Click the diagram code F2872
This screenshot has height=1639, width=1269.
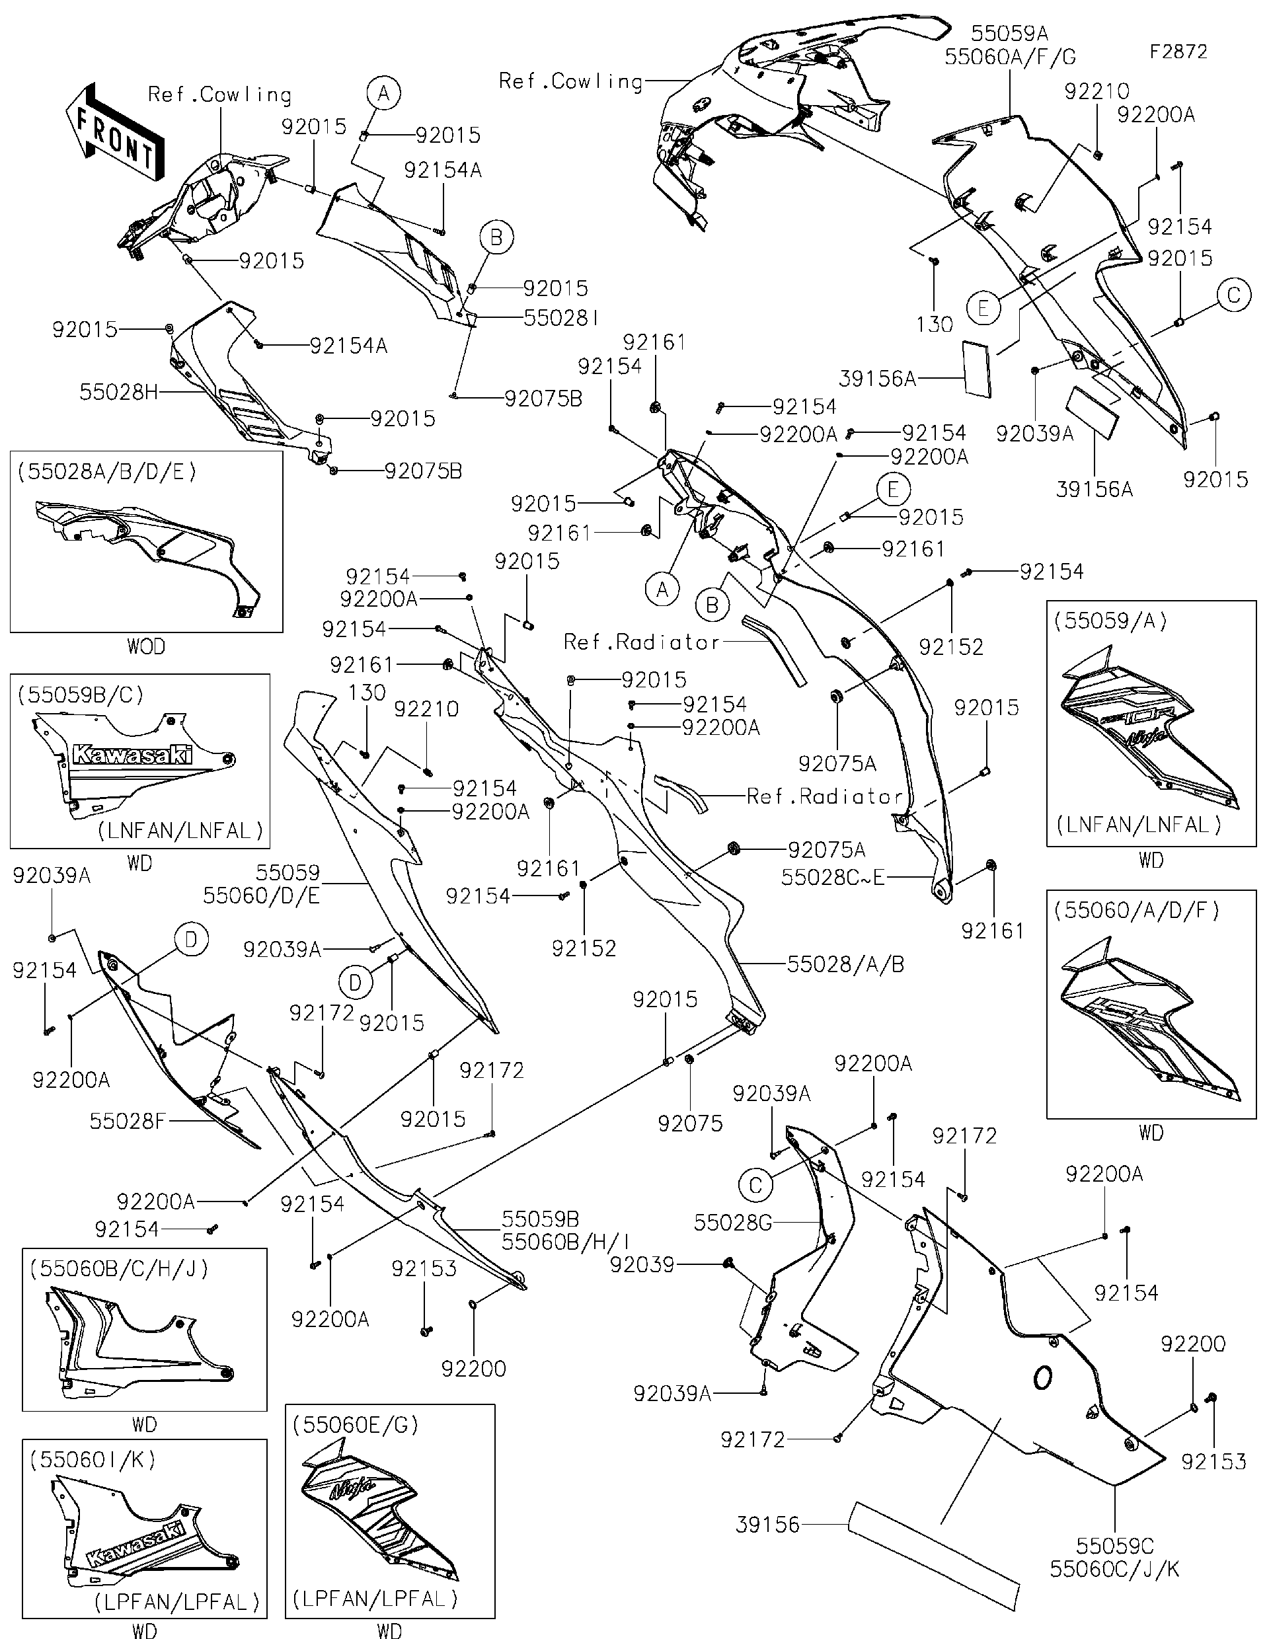tap(1178, 52)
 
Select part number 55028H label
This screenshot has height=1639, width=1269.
tap(118, 392)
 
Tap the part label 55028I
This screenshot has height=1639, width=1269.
tap(561, 318)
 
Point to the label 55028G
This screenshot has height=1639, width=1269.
tap(732, 1223)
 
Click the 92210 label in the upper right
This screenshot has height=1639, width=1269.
tap(1096, 92)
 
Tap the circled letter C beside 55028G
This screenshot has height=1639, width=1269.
tap(755, 1185)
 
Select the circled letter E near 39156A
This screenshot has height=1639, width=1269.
tap(983, 309)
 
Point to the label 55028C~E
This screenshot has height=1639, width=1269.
tap(833, 877)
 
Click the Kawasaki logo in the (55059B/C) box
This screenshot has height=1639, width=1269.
tap(132, 755)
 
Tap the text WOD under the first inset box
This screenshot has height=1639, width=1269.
tap(145, 646)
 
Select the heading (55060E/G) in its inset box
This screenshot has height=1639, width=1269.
tap(356, 1424)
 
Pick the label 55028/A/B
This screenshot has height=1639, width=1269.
tap(845, 964)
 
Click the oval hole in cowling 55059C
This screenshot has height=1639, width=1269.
tap(1042, 1377)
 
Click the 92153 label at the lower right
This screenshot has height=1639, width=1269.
tap(1213, 1461)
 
